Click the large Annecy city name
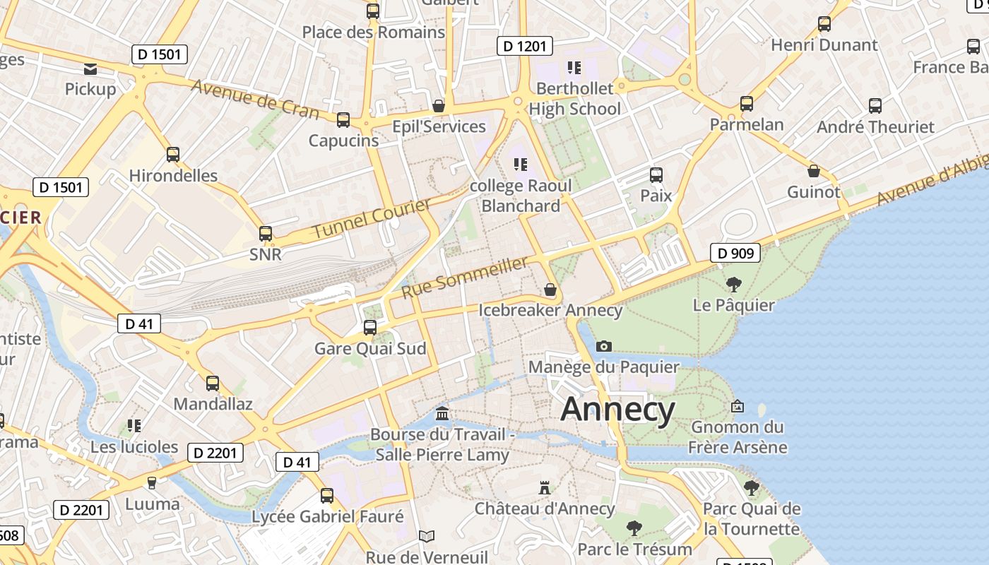(618, 410)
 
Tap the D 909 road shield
(735, 253)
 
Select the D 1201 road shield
(524, 47)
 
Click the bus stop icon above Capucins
(343, 120)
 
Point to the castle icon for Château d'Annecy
(544, 487)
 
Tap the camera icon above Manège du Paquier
(603, 346)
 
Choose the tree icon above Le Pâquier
(734, 285)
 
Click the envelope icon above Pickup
(90, 69)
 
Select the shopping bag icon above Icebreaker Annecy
(550, 290)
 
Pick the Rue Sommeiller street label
(466, 277)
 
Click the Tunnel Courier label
(372, 218)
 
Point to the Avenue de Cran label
(255, 99)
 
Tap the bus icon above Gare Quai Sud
(370, 328)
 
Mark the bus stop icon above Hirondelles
(173, 155)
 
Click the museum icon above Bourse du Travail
(442, 413)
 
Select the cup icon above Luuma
(151, 483)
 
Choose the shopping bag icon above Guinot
(814, 171)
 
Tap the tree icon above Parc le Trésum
(634, 528)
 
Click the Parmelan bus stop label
(747, 124)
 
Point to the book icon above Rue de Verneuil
(427, 537)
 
